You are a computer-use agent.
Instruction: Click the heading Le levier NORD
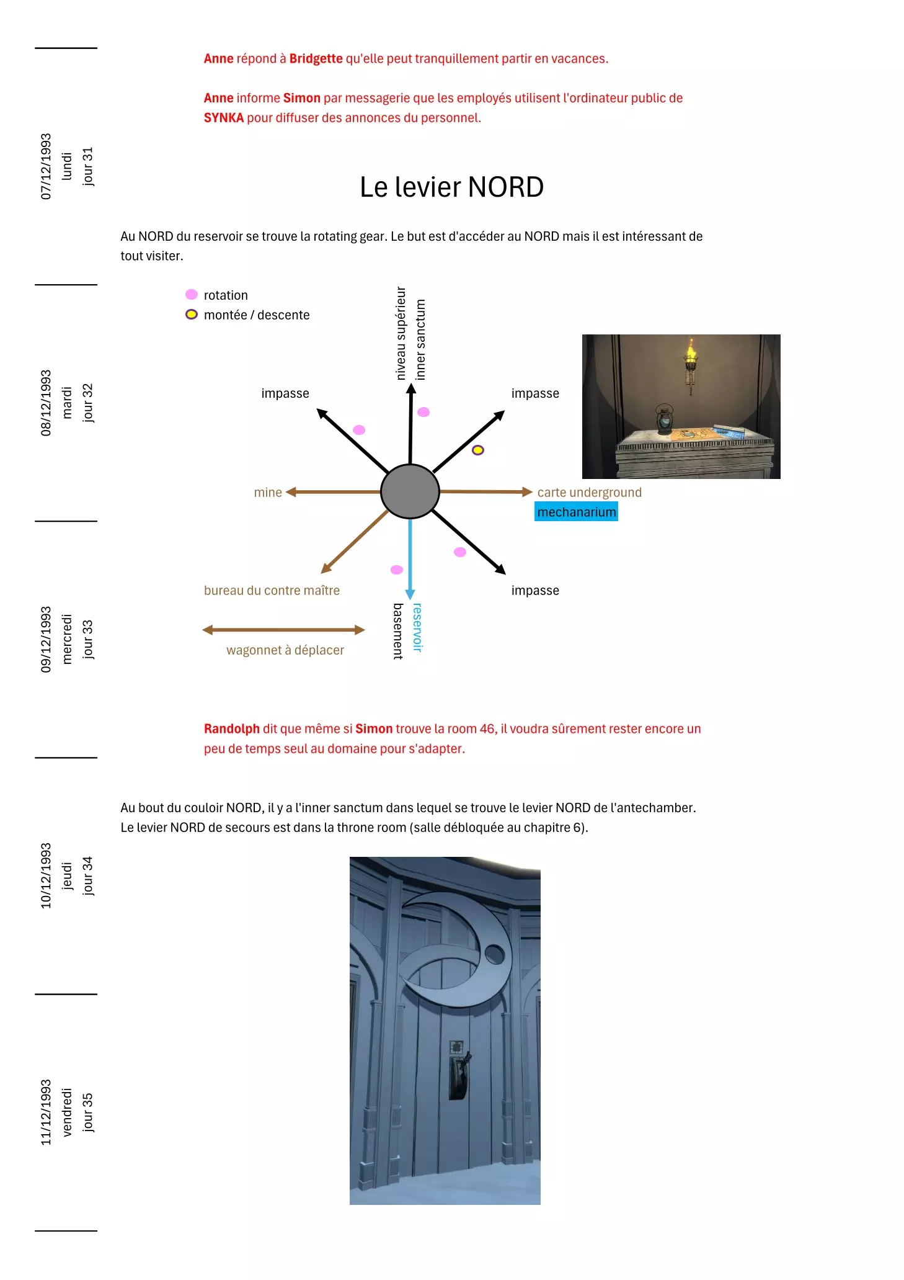click(451, 187)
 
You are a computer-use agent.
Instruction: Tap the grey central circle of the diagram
click(410, 491)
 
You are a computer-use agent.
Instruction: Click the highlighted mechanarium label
click(576, 512)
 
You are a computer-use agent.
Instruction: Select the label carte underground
click(589, 492)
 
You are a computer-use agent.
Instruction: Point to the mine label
click(268, 492)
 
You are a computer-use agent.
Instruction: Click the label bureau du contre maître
click(272, 590)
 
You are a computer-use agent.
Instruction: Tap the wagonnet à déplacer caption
click(285, 650)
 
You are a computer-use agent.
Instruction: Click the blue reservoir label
click(417, 627)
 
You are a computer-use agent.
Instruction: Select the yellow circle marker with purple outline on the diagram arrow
click(478, 450)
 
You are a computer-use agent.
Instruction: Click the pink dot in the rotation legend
click(192, 294)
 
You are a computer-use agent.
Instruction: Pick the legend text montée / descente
click(257, 315)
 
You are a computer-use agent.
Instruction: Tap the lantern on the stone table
click(665, 419)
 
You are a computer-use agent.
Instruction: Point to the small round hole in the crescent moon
click(495, 954)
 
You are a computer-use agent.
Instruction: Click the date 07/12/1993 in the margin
click(46, 166)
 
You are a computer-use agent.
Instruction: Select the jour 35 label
click(88, 1112)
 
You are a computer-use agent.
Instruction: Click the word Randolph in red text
click(231, 728)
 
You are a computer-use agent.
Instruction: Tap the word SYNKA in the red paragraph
click(223, 117)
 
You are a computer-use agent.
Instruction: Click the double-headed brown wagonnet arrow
click(283, 630)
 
